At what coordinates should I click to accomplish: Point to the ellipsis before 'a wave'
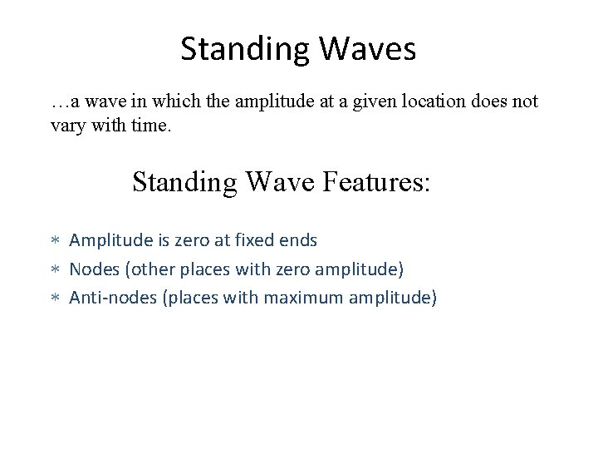60,101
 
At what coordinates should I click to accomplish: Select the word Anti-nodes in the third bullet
111,297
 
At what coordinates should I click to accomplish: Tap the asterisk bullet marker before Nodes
56,269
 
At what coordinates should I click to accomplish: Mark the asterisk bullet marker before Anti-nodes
56,298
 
